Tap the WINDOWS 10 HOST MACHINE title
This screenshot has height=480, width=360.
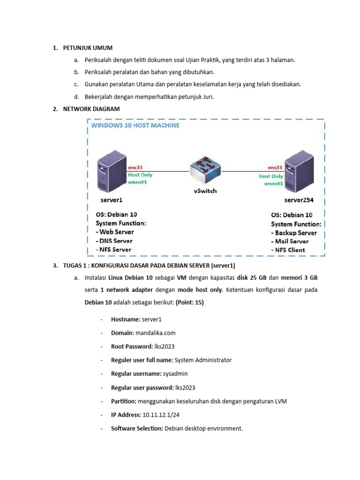[135, 126]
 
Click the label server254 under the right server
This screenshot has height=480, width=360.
[299, 200]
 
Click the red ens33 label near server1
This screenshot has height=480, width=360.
[137, 167]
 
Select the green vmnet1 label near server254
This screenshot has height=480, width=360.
[271, 184]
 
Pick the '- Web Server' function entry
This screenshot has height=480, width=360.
[114, 232]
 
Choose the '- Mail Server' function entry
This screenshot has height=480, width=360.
[290, 241]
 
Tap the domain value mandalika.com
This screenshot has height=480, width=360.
[155, 333]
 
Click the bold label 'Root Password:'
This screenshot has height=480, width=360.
[130, 347]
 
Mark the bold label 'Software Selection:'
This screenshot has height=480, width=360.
[137, 428]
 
